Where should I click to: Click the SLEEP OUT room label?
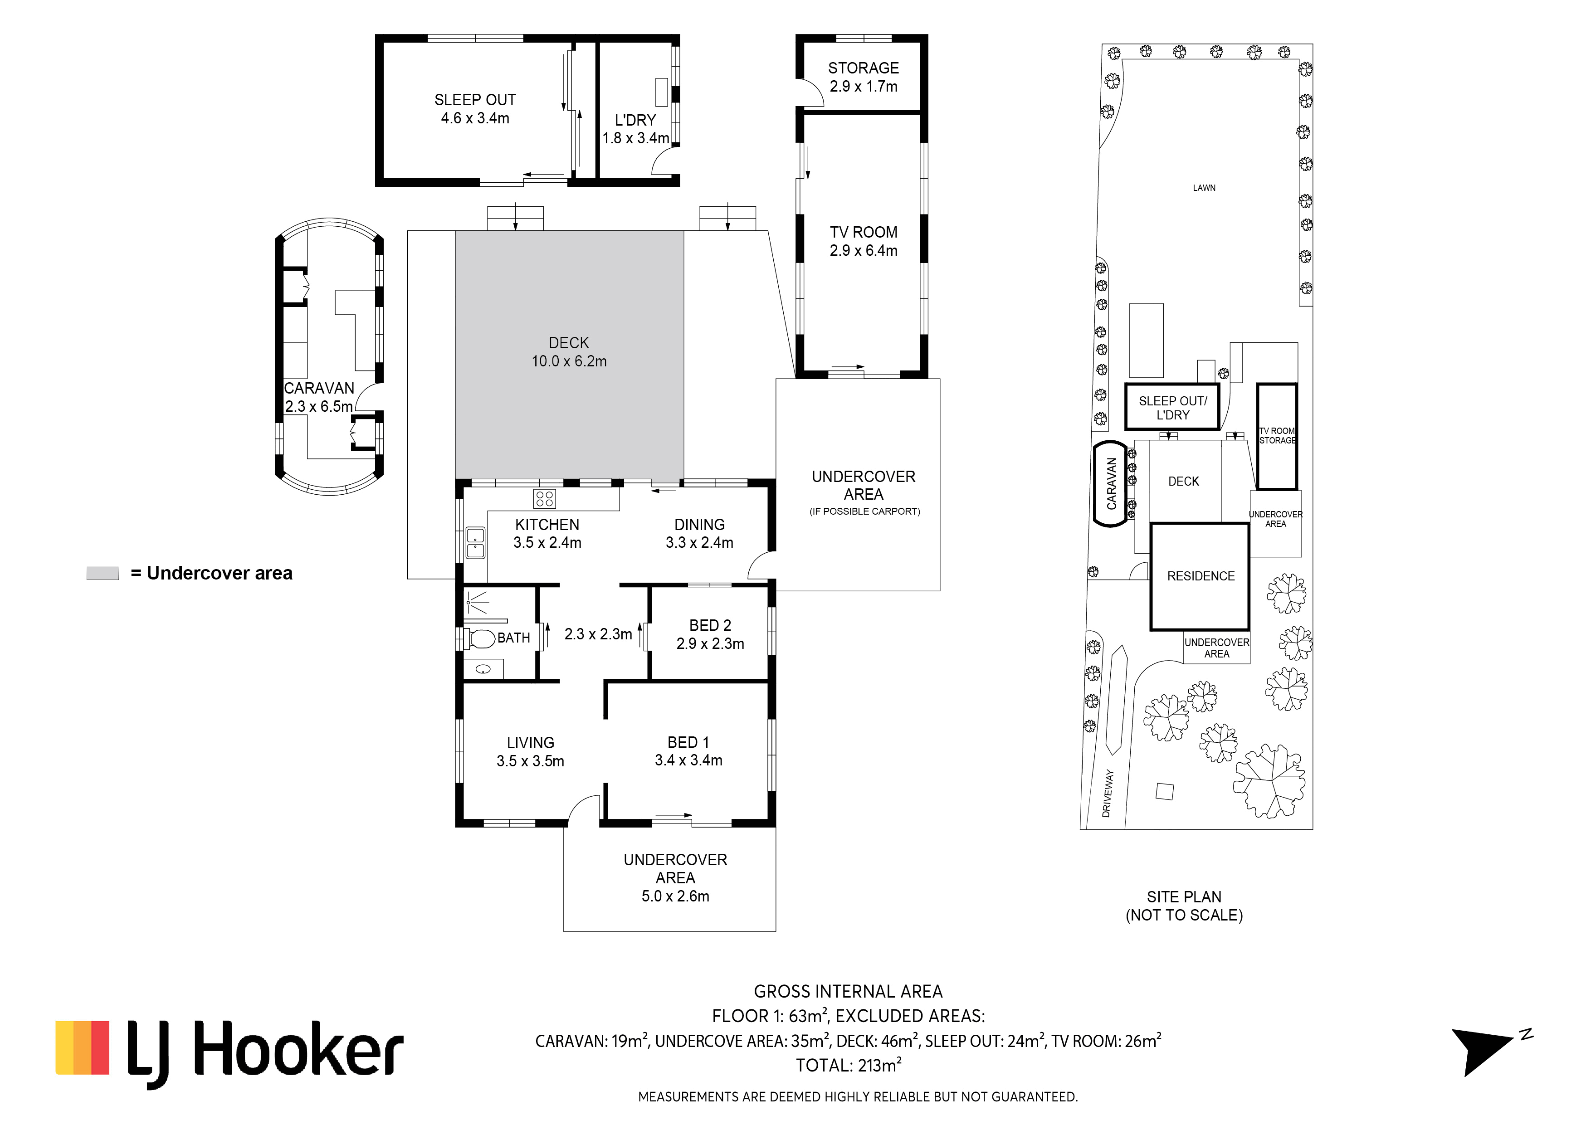[475, 100]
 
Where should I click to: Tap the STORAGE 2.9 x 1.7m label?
[864, 77]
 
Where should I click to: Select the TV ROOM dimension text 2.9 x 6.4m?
[864, 251]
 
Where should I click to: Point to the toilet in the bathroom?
[479, 638]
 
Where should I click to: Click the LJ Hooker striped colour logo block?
[83, 1047]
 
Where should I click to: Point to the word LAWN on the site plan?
[1204, 188]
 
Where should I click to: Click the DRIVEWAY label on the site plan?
[1108, 793]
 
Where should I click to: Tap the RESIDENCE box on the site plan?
[1200, 576]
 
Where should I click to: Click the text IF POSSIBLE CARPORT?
[865, 511]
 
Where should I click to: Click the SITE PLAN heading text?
[1184, 896]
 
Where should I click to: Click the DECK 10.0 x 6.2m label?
[569, 352]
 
